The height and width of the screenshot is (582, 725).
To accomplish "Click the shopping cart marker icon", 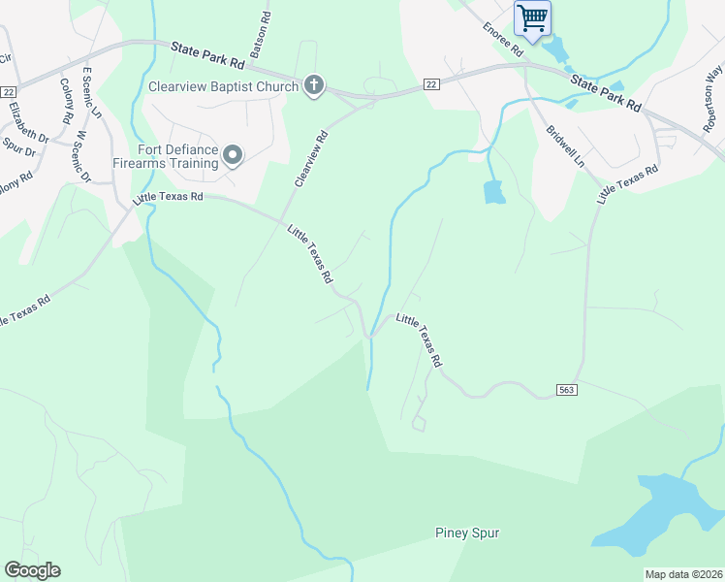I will (x=532, y=17).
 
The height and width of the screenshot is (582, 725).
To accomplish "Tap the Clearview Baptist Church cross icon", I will (x=313, y=86).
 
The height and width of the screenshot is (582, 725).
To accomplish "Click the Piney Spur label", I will (x=467, y=533).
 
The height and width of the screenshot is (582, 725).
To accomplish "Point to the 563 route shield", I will (x=569, y=389).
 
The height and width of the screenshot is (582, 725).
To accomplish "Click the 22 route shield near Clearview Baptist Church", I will (x=431, y=85).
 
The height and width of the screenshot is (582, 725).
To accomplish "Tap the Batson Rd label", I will (x=262, y=36).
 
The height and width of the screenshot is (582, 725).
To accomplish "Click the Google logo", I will (x=32, y=570).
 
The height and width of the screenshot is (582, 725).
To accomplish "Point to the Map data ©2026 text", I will (x=683, y=574).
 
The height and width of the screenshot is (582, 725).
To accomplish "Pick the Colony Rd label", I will (x=66, y=100).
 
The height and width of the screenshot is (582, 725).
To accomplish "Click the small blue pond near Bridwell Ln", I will (x=493, y=192).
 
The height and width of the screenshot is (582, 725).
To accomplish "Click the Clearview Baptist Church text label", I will (x=222, y=86).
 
